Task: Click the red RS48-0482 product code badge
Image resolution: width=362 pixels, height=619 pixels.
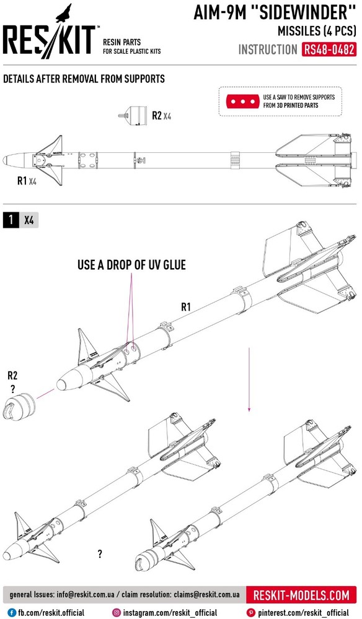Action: coord(329,50)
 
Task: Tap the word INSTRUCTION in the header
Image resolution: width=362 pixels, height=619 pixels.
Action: coord(268,50)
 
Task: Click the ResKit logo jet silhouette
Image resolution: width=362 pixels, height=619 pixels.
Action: coord(64,13)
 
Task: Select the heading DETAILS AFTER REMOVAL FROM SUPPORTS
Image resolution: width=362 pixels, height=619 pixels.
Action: coord(84,79)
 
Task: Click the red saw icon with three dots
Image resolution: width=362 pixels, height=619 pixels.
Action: coord(242,102)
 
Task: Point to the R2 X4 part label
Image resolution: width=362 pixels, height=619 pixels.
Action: coord(162,116)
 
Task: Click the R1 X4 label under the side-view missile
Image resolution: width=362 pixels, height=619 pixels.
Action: coord(27,181)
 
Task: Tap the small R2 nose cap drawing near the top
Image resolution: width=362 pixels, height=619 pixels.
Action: coord(133,115)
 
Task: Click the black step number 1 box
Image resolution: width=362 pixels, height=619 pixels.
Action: coord(11,220)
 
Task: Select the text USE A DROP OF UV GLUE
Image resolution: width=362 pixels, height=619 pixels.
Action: coord(131,265)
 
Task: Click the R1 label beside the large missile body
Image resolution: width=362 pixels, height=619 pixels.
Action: coord(186,307)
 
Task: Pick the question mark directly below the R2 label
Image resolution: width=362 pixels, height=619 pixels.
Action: coord(12,389)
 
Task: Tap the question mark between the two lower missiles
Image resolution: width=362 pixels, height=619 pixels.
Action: coord(100,554)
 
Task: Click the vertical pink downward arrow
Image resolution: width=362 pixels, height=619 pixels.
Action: coord(249,379)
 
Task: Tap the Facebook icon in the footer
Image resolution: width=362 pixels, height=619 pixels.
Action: coord(12,613)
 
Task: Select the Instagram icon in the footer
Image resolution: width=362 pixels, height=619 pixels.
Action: coord(117,613)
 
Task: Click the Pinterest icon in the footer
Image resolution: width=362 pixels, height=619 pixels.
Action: coord(250,613)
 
